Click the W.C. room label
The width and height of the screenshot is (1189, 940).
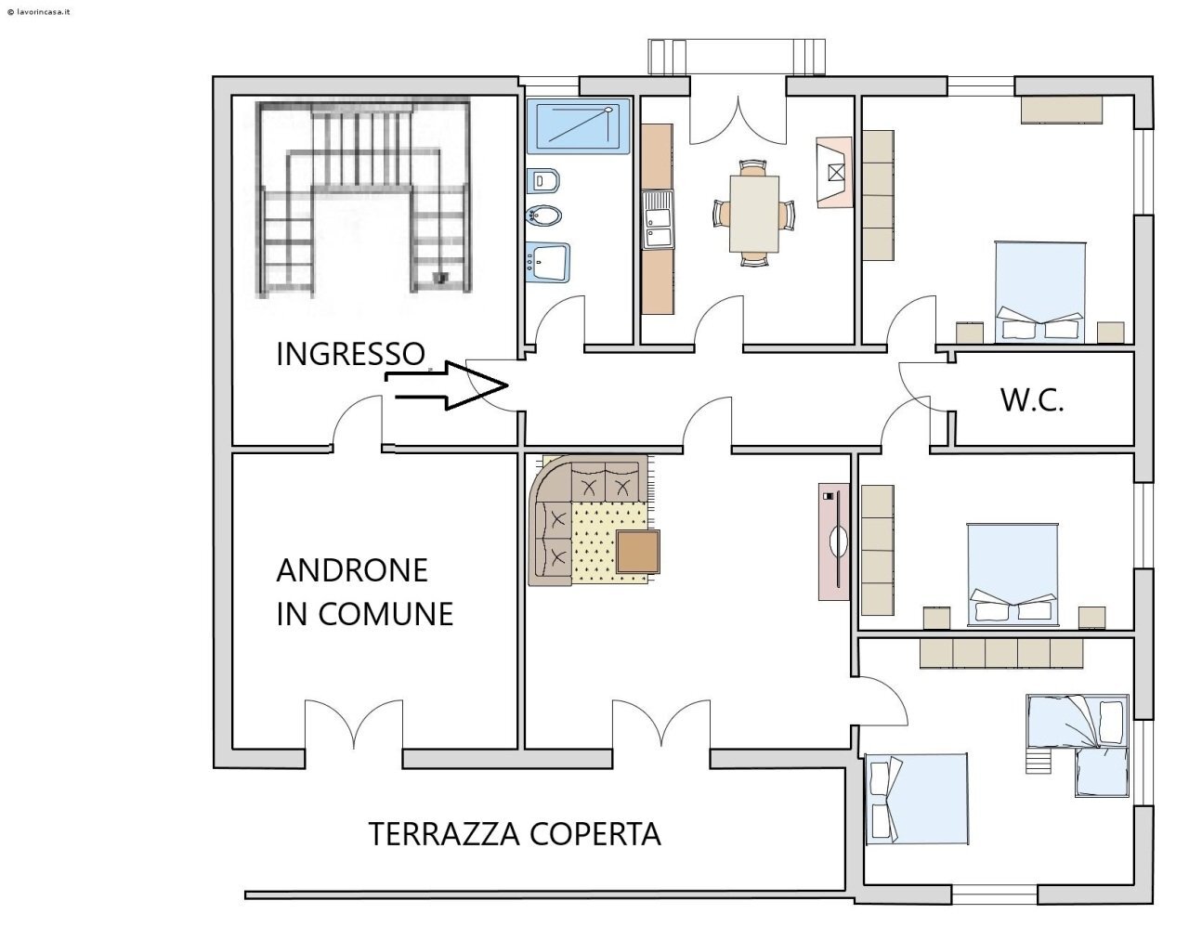click(x=1031, y=400)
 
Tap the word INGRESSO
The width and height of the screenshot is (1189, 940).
click(x=350, y=354)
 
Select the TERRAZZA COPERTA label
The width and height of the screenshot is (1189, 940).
click(x=515, y=834)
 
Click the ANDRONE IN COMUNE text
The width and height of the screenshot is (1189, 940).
click(x=364, y=592)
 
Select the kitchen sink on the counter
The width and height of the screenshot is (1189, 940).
click(x=659, y=219)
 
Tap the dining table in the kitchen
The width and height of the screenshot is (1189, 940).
click(x=754, y=214)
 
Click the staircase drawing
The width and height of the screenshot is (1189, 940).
click(x=363, y=198)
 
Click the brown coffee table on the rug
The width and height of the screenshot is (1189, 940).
click(x=637, y=553)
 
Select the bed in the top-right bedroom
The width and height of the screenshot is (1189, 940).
click(x=1039, y=292)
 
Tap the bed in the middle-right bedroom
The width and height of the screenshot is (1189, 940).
click(x=1013, y=573)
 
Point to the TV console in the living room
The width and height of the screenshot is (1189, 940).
click(x=833, y=541)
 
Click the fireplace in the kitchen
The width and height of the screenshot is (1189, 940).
click(x=833, y=172)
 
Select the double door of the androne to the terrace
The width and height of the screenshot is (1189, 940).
click(x=353, y=725)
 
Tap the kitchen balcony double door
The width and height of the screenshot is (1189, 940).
click(x=738, y=116)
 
